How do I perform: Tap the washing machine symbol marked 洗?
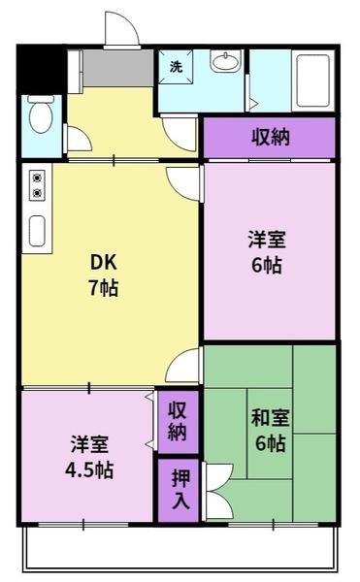(176, 67)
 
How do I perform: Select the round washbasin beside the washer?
(224, 64)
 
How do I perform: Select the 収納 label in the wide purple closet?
(271, 137)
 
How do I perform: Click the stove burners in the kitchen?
(37, 185)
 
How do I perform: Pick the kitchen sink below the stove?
(38, 231)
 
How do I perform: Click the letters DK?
(103, 263)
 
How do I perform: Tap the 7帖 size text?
(103, 288)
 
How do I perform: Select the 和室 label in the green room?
(270, 419)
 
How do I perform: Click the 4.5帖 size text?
(89, 470)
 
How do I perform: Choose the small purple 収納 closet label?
(177, 420)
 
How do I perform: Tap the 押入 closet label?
(180, 489)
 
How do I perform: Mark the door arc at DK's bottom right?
(183, 367)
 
